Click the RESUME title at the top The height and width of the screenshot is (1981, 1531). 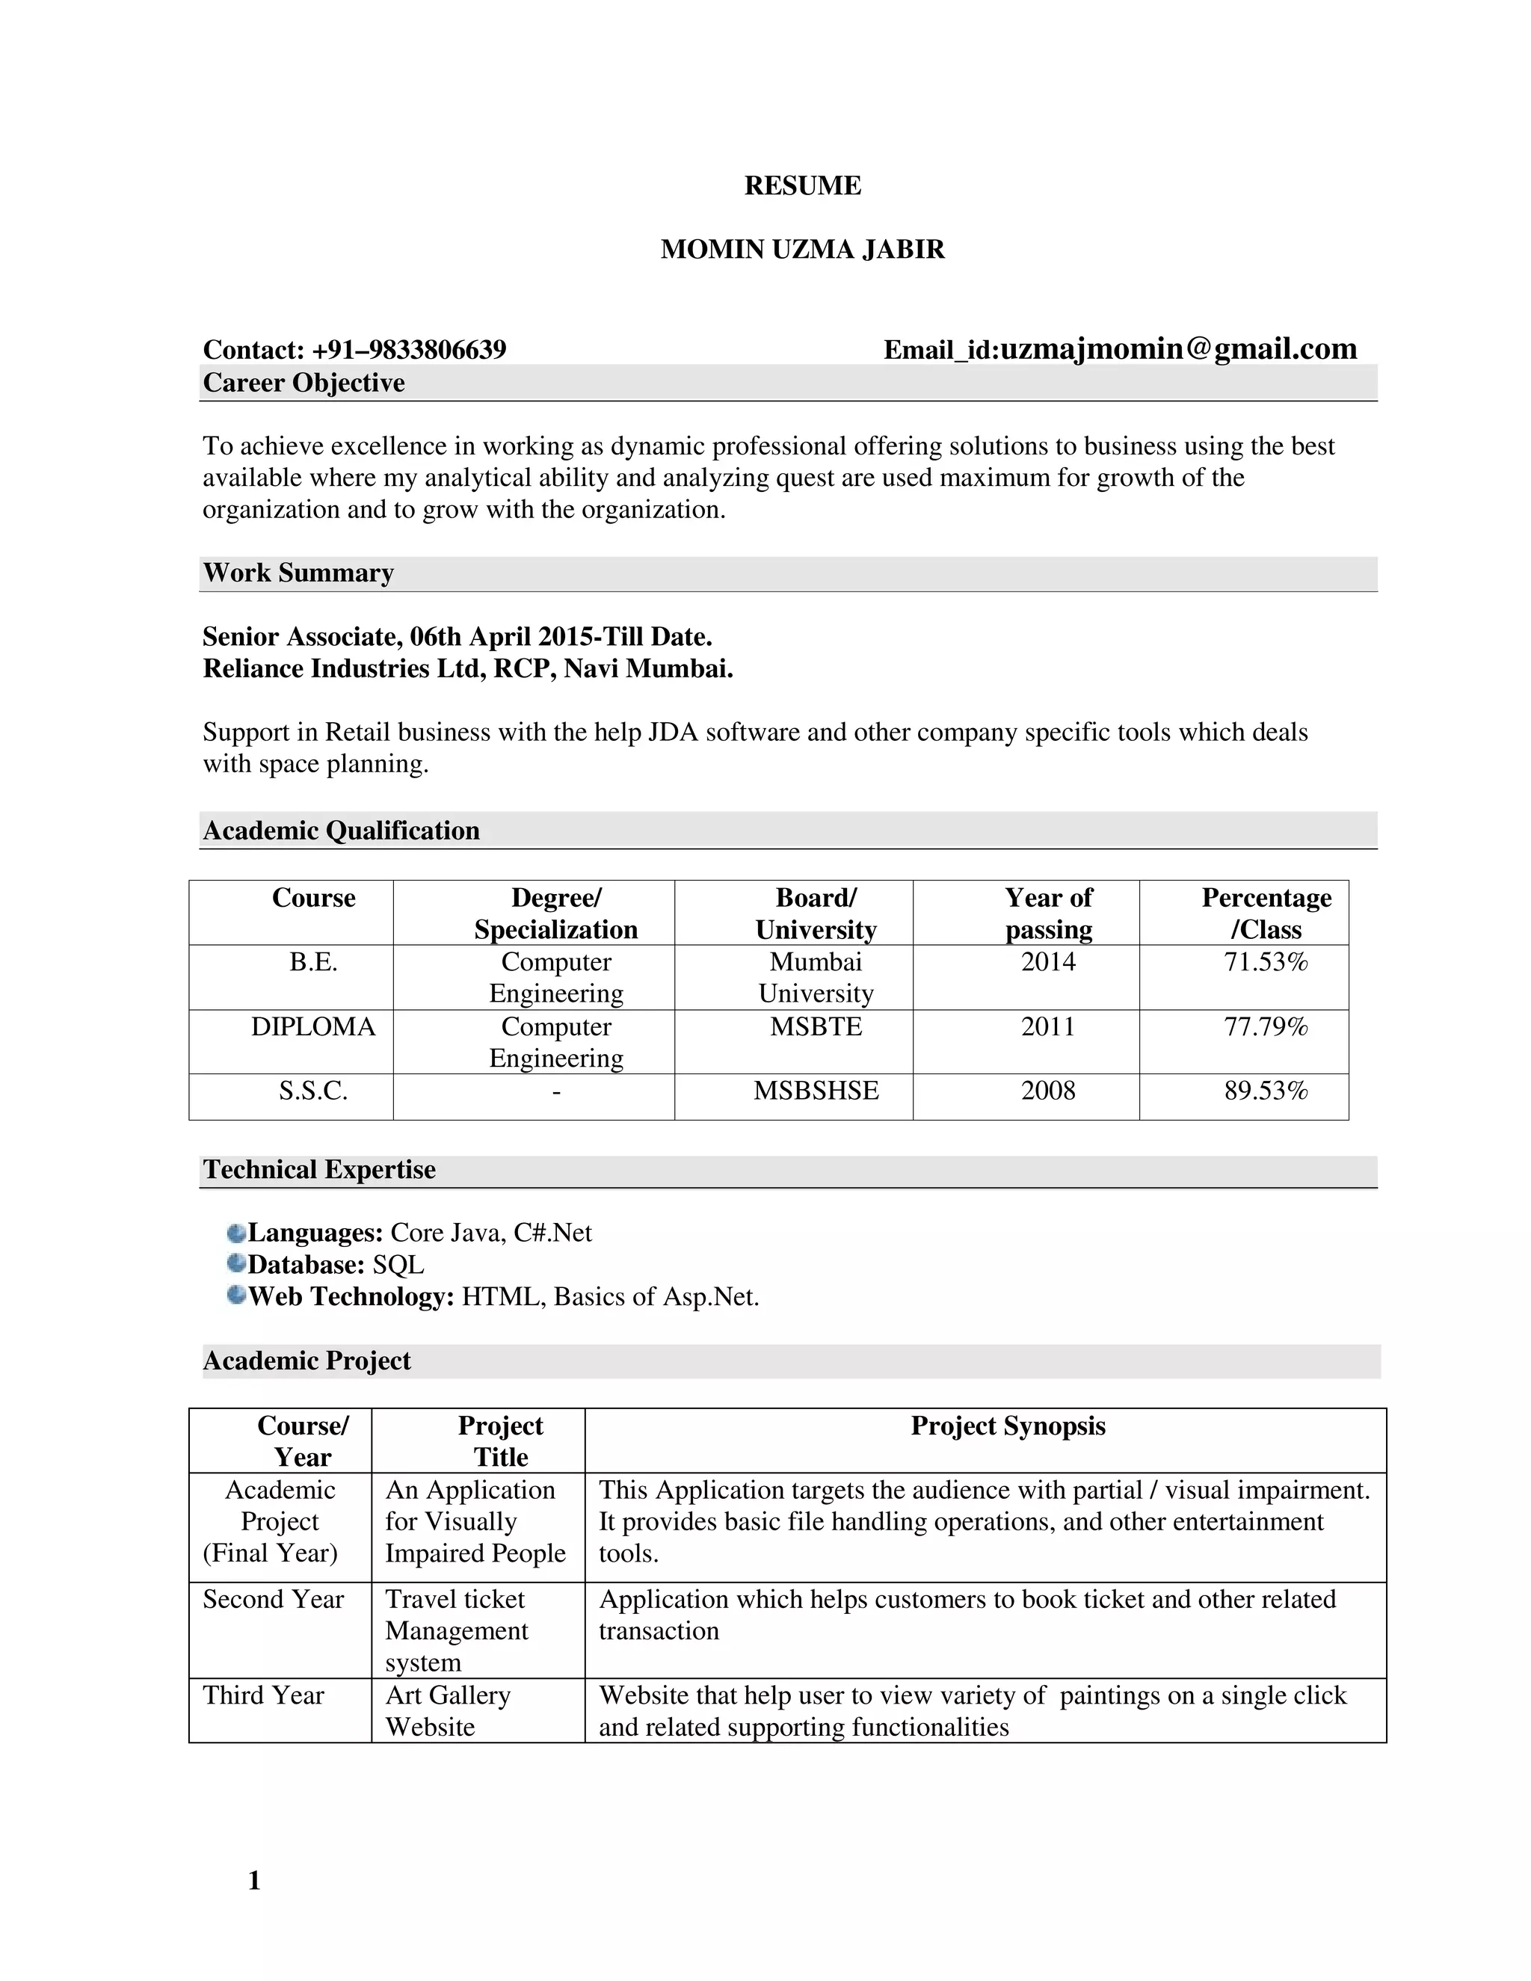[x=802, y=186]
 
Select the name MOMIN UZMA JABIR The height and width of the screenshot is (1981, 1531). [x=802, y=250]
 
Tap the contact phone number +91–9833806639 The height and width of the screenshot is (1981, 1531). [x=408, y=350]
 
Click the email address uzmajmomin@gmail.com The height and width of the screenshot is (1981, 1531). [x=1177, y=349]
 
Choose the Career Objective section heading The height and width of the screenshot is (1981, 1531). [x=304, y=383]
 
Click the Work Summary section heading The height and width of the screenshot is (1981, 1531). [x=298, y=573]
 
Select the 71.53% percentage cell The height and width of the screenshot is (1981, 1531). [x=1266, y=961]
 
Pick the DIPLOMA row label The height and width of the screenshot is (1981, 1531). [x=313, y=1027]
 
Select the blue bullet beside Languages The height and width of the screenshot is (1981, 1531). [x=237, y=1233]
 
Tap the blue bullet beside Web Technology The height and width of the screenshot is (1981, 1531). [x=237, y=1295]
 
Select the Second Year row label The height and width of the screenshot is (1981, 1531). [x=273, y=1599]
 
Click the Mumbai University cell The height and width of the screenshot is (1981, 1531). [x=816, y=978]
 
